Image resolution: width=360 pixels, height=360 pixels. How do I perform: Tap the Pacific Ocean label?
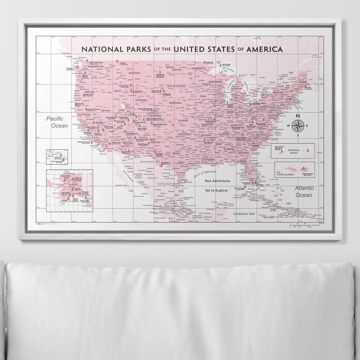tap(57, 122)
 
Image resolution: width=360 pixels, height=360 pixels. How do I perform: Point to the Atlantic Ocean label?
tap(304, 191)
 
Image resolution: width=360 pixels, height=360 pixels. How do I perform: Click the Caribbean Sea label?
tap(244, 214)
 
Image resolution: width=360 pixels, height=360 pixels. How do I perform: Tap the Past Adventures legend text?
tap(218, 181)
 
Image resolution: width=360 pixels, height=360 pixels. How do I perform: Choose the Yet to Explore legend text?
tap(218, 190)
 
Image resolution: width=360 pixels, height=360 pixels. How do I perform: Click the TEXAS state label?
tap(176, 154)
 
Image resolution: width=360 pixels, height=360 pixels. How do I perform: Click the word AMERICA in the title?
tap(264, 49)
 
